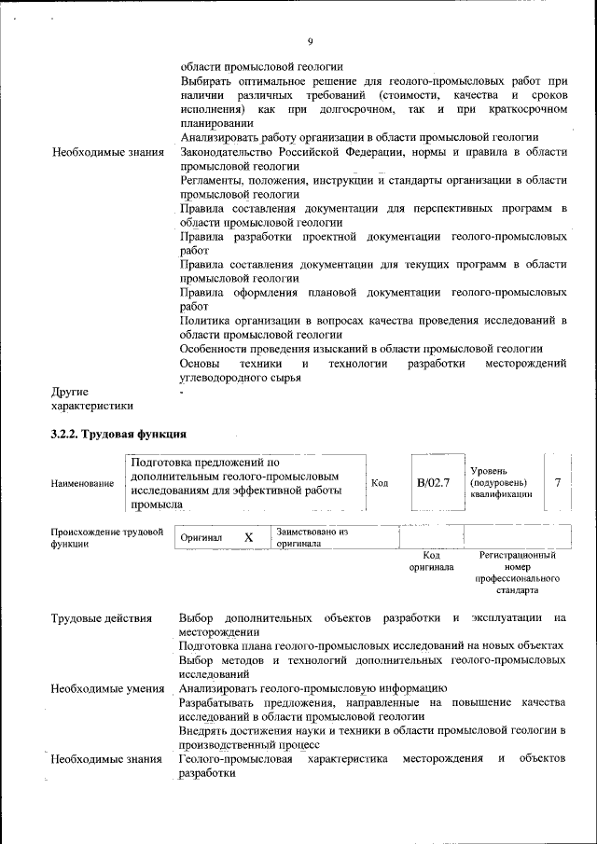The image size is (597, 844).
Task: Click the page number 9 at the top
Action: pyautogui.click(x=310, y=40)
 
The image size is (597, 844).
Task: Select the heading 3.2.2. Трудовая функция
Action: pyautogui.click(x=118, y=435)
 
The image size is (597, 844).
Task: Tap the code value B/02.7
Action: pyautogui.click(x=433, y=482)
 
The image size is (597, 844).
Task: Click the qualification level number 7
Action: pyautogui.click(x=557, y=482)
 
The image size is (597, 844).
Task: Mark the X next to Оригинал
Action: pyautogui.click(x=248, y=538)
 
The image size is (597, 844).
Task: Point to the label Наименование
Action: pyautogui.click(x=83, y=483)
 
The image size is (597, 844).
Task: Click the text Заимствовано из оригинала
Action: pyautogui.click(x=312, y=537)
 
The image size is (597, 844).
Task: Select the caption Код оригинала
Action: pyautogui.click(x=431, y=560)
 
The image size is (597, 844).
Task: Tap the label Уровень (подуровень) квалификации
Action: pyautogui.click(x=500, y=482)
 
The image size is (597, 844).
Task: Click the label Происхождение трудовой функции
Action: pyautogui.click(x=106, y=538)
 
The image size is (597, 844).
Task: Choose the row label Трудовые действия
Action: pyautogui.click(x=101, y=617)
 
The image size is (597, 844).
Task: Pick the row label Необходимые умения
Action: pyautogui.click(x=103, y=688)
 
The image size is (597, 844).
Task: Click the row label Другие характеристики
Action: pyautogui.click(x=91, y=398)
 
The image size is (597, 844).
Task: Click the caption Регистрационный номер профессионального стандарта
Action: pyautogui.click(x=516, y=573)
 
